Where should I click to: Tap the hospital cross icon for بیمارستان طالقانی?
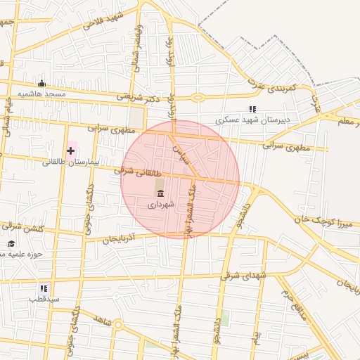tap(70, 150)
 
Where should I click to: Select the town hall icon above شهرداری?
tap(160, 193)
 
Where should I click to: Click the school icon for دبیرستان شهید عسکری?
tap(252, 109)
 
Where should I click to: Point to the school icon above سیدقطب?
tap(44, 288)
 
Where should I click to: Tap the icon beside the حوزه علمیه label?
tap(11, 244)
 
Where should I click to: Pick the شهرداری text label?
tap(158, 206)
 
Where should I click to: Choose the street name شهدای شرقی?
tap(243, 276)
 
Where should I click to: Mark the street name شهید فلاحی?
tap(103, 20)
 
